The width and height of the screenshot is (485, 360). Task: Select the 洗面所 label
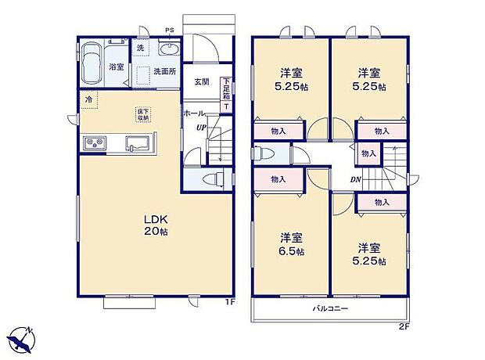point(164,71)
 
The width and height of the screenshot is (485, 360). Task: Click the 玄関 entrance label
point(201,81)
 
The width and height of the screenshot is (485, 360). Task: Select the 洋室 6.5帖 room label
point(291,244)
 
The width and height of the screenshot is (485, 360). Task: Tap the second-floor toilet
point(264,153)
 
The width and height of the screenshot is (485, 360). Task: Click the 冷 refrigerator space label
point(88,100)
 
